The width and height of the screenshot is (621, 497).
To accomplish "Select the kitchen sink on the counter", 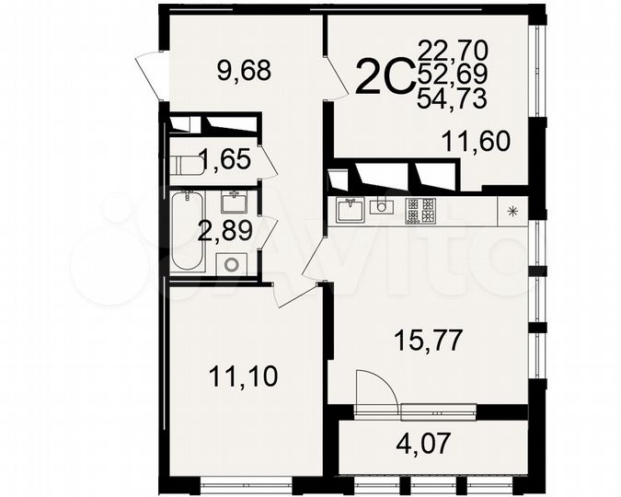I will coord(350,211).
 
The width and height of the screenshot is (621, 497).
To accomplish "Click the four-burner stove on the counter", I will coord(418,211).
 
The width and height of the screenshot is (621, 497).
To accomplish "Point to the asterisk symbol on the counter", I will coord(512,211).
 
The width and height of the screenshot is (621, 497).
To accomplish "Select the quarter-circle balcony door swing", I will coord(375,388).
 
